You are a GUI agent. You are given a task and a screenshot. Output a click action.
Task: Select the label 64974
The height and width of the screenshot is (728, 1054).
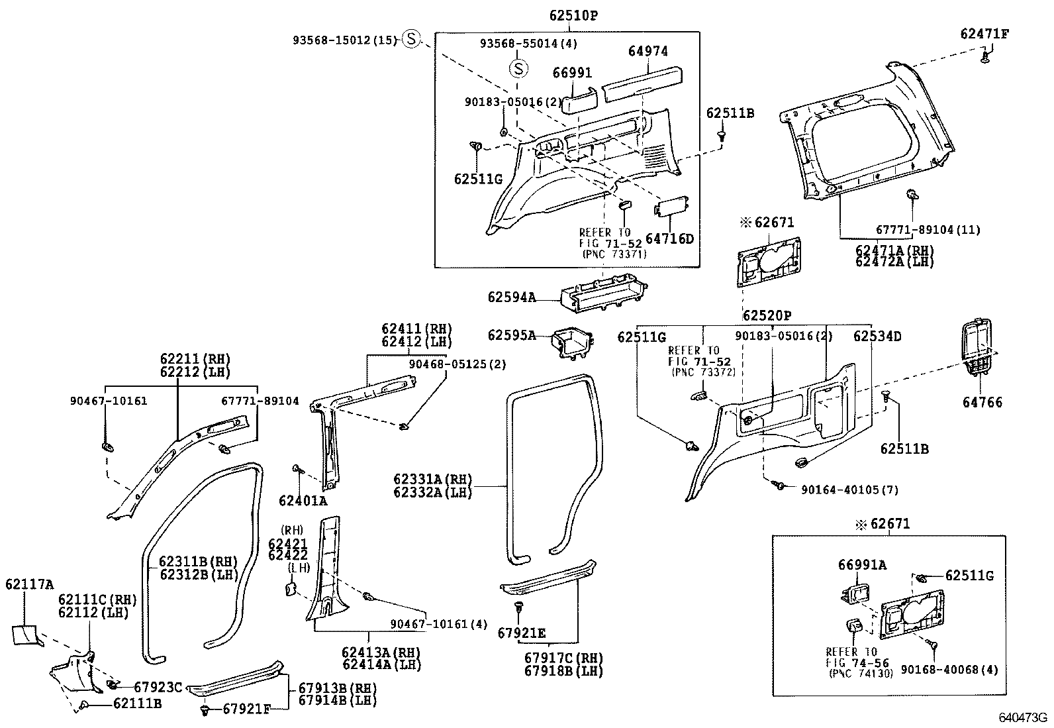pyautogui.click(x=648, y=51)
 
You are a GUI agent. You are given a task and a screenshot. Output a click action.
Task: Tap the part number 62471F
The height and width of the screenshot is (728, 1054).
pyautogui.click(x=984, y=33)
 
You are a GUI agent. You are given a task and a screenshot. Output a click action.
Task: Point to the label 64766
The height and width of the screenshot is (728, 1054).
pyautogui.click(x=982, y=402)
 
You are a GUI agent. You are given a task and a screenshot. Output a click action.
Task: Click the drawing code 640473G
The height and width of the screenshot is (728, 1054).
pyautogui.click(x=1022, y=717)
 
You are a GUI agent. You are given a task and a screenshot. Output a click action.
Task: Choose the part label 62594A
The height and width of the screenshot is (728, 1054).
pyautogui.click(x=512, y=297)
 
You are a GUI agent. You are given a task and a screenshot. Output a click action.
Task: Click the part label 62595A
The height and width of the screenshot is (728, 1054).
pyautogui.click(x=512, y=335)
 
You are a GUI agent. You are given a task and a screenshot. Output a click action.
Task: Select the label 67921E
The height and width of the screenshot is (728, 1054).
pyautogui.click(x=522, y=633)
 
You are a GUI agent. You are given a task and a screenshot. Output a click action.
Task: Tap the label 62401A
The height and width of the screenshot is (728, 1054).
pyautogui.click(x=303, y=500)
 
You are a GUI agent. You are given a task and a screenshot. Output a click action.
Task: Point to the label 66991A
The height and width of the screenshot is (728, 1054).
pyautogui.click(x=862, y=565)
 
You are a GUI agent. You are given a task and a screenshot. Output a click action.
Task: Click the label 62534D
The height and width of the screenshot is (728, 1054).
pyautogui.click(x=877, y=337)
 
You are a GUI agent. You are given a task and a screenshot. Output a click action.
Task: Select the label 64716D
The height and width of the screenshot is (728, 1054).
pyautogui.click(x=669, y=238)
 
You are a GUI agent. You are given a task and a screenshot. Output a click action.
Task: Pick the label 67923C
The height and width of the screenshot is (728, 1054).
pyautogui.click(x=158, y=687)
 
